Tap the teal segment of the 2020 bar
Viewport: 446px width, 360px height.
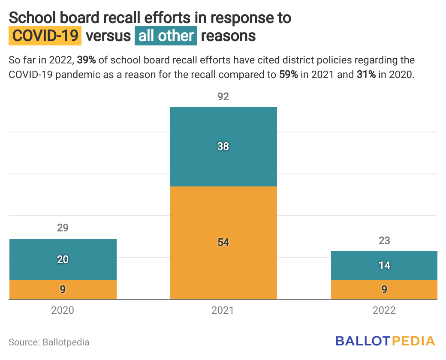pyautogui.click(x=63, y=249)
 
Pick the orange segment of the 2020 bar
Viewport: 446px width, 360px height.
pyautogui.click(x=63, y=290)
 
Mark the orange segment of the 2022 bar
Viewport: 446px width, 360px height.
pyautogui.click(x=384, y=290)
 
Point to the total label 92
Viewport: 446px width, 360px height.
pyautogui.click(x=223, y=97)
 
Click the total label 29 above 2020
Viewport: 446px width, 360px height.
pyautogui.click(x=63, y=228)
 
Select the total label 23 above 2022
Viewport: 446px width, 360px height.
pyautogui.click(x=384, y=241)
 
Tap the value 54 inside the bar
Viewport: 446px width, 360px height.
pyautogui.click(x=223, y=243)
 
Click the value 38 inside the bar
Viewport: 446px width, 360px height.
pyautogui.click(x=223, y=147)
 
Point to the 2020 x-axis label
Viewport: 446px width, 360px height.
pyautogui.click(x=63, y=310)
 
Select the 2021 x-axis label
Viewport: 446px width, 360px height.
pyautogui.click(x=223, y=310)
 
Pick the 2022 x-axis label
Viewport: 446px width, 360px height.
pyautogui.click(x=384, y=310)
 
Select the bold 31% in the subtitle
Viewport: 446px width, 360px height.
pyautogui.click(x=365, y=74)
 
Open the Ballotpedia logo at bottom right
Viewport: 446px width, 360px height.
pyautogui.click(x=385, y=341)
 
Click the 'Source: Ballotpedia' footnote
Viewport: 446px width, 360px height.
pyautogui.click(x=49, y=342)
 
